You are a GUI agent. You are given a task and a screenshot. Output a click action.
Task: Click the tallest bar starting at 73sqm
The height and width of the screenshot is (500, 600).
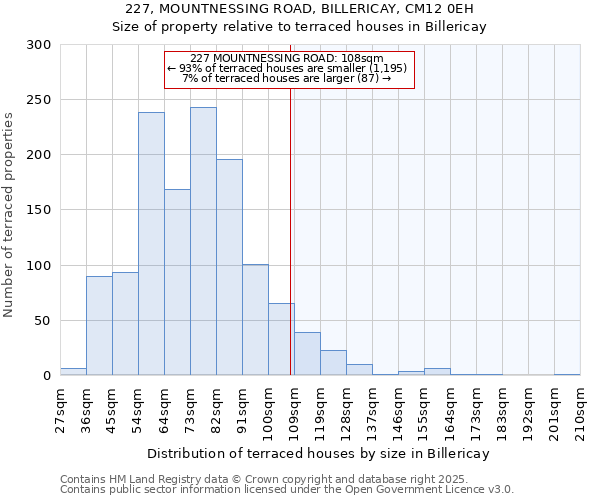203,241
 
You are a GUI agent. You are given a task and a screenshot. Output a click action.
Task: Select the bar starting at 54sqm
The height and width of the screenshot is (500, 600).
151,244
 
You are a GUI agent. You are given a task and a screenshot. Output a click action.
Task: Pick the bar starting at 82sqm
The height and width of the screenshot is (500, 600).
229,267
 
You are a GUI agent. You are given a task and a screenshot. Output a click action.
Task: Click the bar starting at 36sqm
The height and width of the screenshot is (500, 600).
99,326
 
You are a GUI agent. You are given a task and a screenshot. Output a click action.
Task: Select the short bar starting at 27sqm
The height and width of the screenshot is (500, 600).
73,372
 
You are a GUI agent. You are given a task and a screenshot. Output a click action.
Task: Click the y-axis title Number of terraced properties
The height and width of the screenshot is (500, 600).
10,214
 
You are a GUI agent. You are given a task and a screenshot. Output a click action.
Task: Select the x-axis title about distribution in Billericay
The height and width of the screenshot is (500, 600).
318,454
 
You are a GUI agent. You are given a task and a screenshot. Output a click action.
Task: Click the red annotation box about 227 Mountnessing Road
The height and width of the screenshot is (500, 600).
288,69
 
